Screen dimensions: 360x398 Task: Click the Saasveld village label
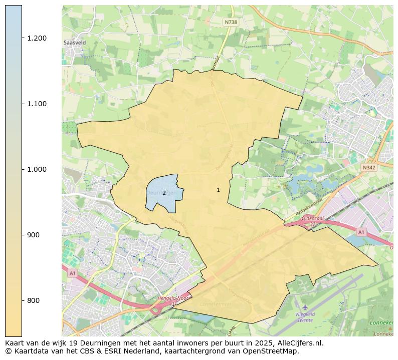75,43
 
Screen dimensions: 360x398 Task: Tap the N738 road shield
231,22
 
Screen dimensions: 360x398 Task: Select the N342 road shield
369,168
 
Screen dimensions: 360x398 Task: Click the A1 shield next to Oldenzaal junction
361,232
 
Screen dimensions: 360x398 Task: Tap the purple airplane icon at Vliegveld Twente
305,306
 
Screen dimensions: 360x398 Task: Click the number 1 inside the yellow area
218,190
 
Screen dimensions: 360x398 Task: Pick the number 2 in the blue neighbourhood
164,193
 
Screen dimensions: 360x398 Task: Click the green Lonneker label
381,323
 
